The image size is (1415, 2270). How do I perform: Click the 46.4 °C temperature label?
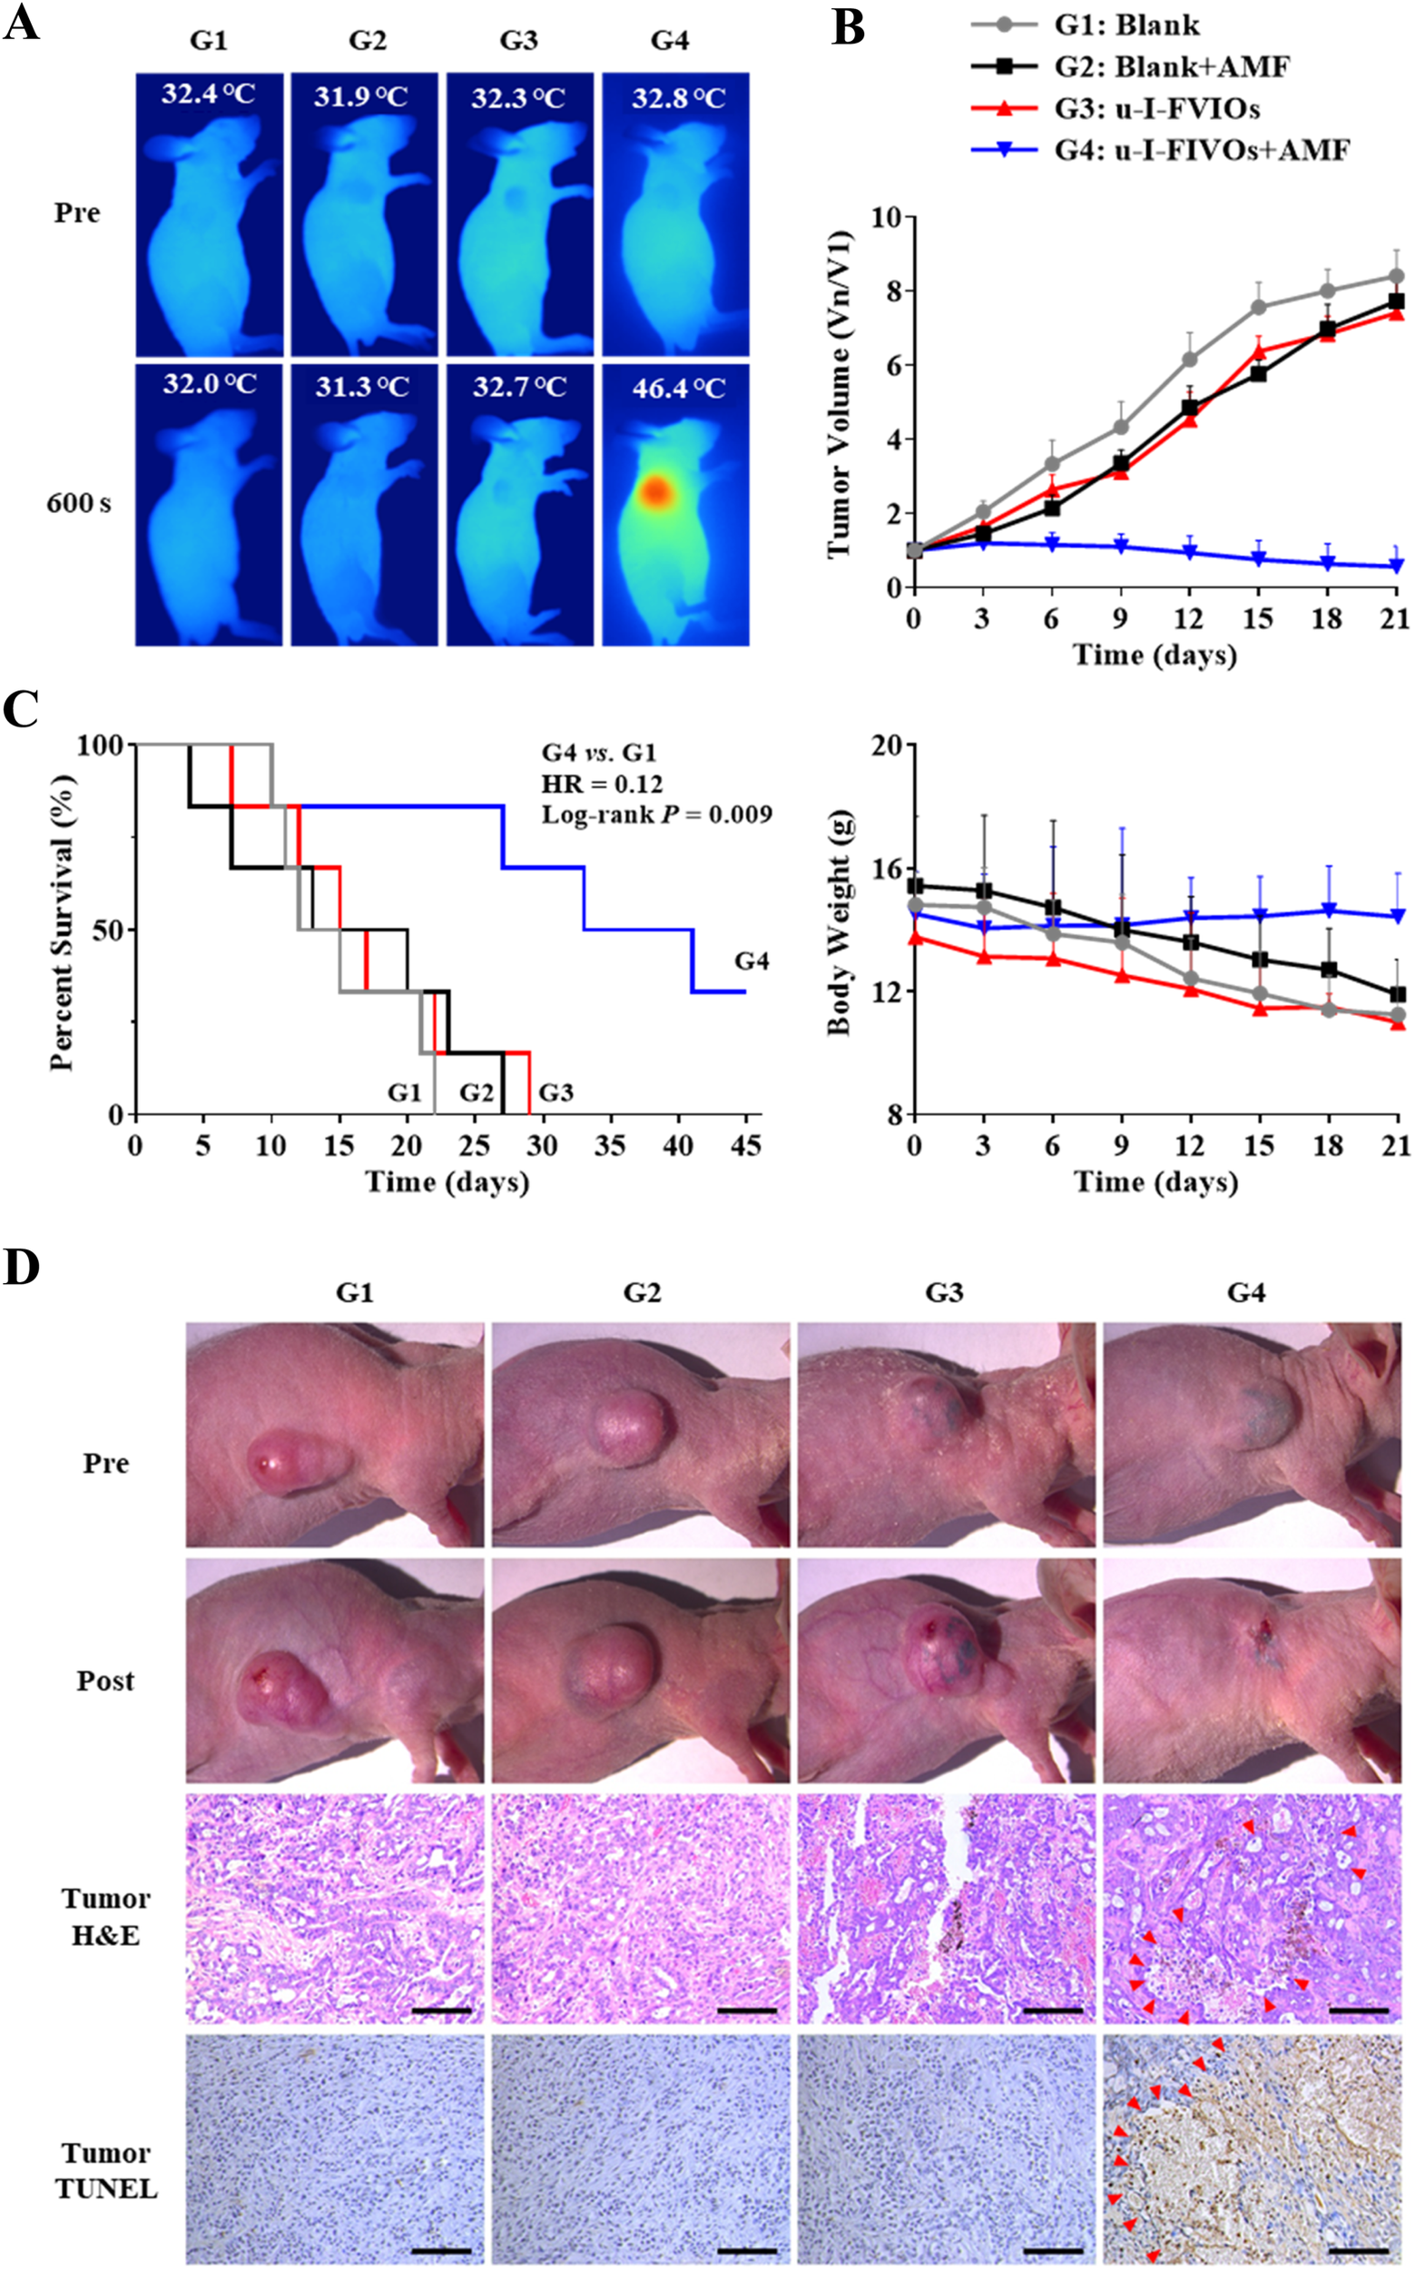(x=679, y=388)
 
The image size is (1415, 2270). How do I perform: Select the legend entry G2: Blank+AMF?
(x=1171, y=66)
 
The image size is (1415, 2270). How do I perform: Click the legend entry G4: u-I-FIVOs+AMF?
(x=1202, y=150)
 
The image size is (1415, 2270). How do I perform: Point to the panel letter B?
(x=848, y=27)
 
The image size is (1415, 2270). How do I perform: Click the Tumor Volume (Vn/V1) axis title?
(x=840, y=394)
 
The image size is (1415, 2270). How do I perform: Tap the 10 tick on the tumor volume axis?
(x=885, y=218)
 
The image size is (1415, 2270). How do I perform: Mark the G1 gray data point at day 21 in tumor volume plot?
(x=1396, y=276)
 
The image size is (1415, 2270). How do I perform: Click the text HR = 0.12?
(x=602, y=784)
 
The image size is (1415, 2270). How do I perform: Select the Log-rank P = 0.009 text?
(x=657, y=814)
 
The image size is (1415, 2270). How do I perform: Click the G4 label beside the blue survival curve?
(x=752, y=962)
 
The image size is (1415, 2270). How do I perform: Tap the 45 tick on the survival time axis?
(x=746, y=1146)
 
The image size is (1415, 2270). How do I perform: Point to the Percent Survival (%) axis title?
(x=62, y=922)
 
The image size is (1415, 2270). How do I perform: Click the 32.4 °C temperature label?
(x=208, y=94)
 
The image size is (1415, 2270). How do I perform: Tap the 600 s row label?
(x=79, y=504)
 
